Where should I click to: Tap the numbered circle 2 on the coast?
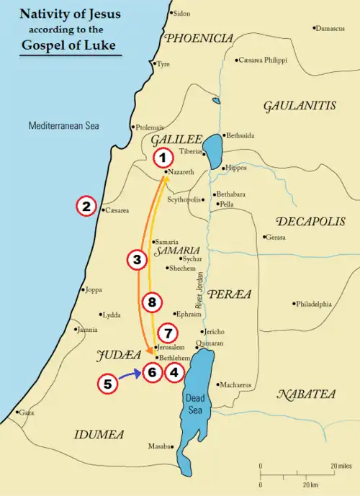86,207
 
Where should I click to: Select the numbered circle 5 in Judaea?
107,384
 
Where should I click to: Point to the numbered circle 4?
174,372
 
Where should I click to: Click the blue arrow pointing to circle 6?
130,374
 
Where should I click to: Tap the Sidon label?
182,14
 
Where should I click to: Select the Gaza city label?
26,413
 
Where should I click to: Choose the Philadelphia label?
314,305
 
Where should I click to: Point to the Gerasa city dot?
264,237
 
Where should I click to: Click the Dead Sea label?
196,403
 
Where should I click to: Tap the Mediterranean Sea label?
63,126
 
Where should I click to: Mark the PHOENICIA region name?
199,39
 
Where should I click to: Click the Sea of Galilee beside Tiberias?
212,150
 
